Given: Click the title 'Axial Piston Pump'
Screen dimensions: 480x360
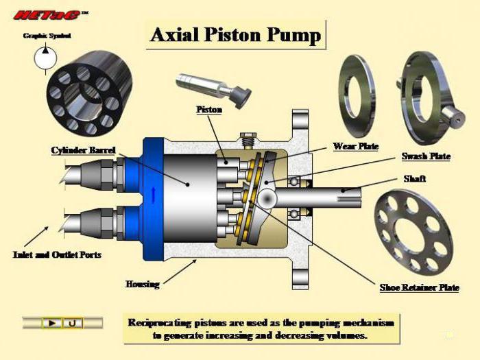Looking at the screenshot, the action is (235, 34).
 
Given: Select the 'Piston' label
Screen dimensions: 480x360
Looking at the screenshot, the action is (209, 109).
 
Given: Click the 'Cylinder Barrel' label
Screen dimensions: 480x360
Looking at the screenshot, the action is (83, 150).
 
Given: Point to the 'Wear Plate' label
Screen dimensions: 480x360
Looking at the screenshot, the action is (356, 146).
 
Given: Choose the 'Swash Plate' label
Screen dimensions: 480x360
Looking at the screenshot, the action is (426, 156).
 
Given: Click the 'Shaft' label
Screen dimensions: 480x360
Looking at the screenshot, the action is (414, 178).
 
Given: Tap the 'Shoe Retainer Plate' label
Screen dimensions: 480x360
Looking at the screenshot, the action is (420, 287).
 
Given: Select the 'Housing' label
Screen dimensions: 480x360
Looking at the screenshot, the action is (143, 285).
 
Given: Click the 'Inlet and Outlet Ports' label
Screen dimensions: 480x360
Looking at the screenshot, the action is (57, 254).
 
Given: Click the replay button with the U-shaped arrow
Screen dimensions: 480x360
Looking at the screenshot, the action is (73, 323).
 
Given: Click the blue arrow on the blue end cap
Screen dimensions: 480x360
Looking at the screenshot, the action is (154, 195).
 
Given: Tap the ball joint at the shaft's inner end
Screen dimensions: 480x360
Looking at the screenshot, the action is (267, 198).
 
